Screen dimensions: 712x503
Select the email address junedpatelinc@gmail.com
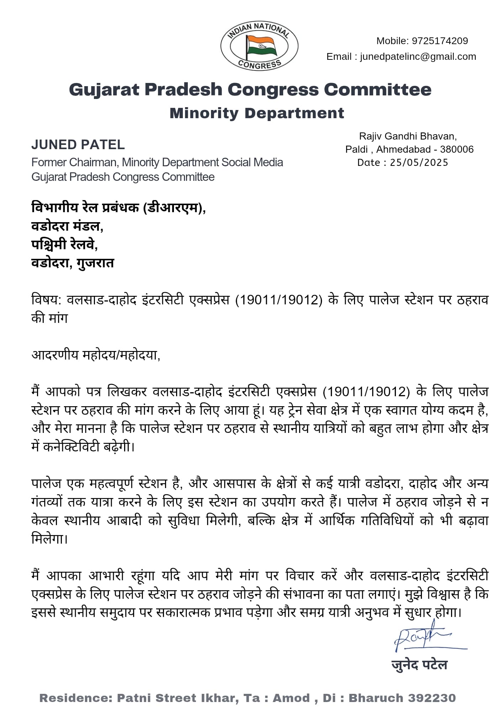(x=418, y=57)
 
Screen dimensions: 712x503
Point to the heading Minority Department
(x=257, y=113)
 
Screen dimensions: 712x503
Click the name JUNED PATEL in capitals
(x=78, y=145)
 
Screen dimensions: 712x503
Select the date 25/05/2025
(x=419, y=163)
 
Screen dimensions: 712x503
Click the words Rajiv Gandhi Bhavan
(x=408, y=136)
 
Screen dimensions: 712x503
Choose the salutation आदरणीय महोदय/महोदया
(x=96, y=355)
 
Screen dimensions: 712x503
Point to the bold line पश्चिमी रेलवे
(x=64, y=244)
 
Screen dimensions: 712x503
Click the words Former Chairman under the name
(x=74, y=162)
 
